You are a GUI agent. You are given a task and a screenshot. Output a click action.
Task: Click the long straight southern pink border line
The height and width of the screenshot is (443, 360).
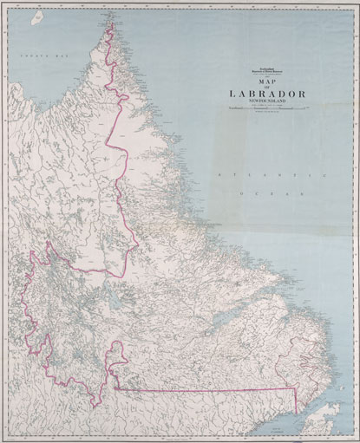[x=208, y=390]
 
